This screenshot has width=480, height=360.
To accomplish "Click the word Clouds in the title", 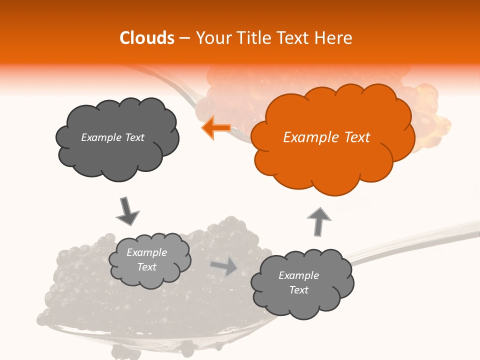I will click(x=147, y=38).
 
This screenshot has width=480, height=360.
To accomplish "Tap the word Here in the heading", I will click(x=333, y=38).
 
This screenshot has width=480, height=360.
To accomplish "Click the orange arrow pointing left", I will click(x=216, y=127).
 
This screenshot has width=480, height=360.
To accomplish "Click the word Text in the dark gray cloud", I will click(x=134, y=137).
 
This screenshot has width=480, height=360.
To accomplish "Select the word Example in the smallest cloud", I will click(x=146, y=252).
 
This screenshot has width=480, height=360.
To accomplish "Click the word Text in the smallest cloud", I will click(x=146, y=267).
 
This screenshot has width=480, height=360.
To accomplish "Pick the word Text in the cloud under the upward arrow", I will click(x=298, y=290).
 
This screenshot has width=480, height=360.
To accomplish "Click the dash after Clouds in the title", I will click(x=183, y=38).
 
